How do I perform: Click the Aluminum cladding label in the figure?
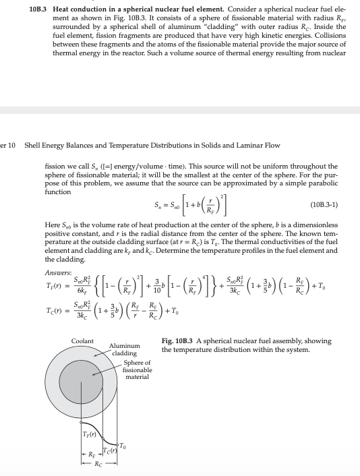pos(123,349)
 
